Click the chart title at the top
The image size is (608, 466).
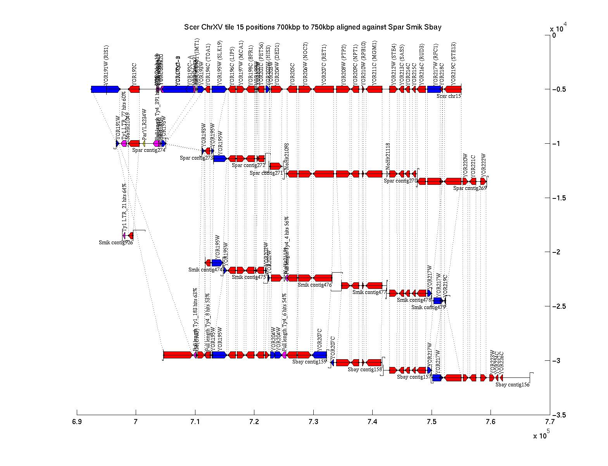click(313, 27)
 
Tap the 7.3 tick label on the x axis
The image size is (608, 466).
click(313, 422)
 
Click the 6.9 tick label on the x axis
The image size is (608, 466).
click(77, 422)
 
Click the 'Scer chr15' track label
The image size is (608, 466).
click(449, 96)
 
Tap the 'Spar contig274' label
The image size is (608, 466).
click(149, 150)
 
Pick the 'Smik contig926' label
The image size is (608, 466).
click(116, 243)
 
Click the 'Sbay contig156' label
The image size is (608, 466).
click(512, 385)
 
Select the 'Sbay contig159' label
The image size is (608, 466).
click(309, 362)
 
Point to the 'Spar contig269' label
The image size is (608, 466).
click(470, 188)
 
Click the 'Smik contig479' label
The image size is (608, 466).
click(428, 307)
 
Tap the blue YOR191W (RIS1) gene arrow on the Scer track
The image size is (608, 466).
click(105, 89)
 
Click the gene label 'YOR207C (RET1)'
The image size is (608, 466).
click(324, 64)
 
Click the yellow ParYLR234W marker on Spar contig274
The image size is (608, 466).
click(144, 143)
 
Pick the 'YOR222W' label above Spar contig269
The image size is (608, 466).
click(484, 165)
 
